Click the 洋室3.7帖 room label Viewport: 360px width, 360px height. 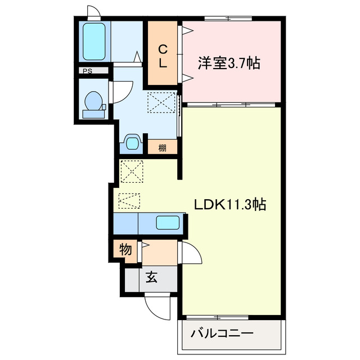[x=228, y=63]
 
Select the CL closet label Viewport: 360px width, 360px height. [x=163, y=56]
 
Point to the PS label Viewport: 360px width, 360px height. [x=87, y=71]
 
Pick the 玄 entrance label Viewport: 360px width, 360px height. [x=152, y=277]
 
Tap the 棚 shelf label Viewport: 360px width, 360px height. [x=162, y=148]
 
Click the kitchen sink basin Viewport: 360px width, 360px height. [x=168, y=222]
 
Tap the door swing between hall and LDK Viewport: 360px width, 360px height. [x=190, y=254]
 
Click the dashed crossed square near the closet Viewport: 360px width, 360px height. [x=161, y=102]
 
